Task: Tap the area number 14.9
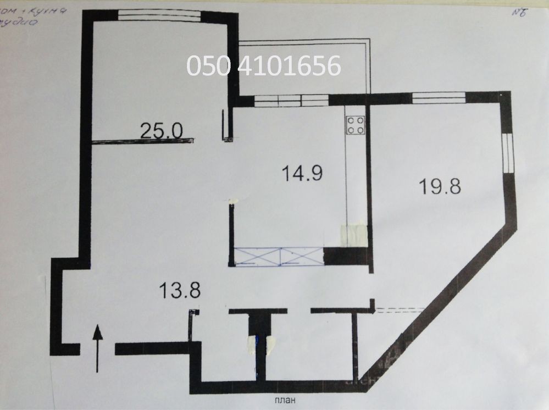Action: click(x=302, y=174)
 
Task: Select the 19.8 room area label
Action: click(x=440, y=186)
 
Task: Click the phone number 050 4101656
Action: click(x=264, y=66)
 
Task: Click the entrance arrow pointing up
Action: click(x=97, y=347)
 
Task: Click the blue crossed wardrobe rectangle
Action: click(x=279, y=256)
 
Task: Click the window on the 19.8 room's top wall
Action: click(x=439, y=98)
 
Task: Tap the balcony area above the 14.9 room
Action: click(x=302, y=69)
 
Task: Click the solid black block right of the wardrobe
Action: click(x=345, y=256)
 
